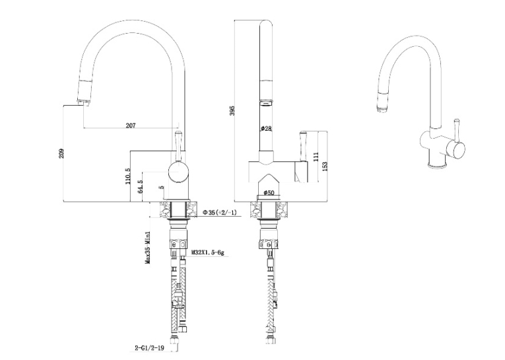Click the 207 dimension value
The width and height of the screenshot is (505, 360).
(131, 126)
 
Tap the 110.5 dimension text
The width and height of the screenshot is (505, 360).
(128, 176)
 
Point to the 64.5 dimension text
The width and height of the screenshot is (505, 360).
(140, 187)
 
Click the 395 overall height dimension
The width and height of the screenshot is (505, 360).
(233, 110)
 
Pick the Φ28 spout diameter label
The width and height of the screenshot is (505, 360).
(266, 129)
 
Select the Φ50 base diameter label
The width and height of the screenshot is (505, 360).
(268, 193)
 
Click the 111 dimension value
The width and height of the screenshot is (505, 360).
(316, 157)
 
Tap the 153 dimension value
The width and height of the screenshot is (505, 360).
(325, 166)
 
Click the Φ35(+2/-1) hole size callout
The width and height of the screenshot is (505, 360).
(220, 213)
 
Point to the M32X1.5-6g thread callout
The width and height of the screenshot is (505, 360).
(207, 252)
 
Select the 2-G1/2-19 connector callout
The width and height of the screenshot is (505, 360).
(149, 348)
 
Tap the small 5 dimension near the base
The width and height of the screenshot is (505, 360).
(162, 187)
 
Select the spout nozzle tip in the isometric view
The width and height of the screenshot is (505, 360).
(382, 109)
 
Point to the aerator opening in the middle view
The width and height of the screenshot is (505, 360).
(266, 103)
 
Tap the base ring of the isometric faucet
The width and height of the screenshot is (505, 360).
(438, 166)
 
